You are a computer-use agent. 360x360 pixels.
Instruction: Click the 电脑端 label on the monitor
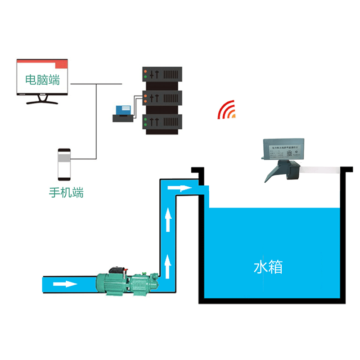click(x=42, y=81)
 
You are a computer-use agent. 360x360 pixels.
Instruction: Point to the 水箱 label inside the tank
click(x=268, y=267)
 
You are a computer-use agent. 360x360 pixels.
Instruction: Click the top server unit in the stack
click(x=162, y=74)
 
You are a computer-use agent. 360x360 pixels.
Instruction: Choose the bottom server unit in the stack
click(x=162, y=122)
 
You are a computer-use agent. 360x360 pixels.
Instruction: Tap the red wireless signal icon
click(x=226, y=110)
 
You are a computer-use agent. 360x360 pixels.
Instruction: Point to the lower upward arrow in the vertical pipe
click(x=168, y=265)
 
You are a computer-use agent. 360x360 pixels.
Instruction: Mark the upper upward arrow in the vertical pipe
click(x=168, y=219)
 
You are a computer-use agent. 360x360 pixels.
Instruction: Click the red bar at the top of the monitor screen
click(x=42, y=64)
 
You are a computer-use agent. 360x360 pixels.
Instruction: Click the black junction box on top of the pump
click(x=117, y=270)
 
